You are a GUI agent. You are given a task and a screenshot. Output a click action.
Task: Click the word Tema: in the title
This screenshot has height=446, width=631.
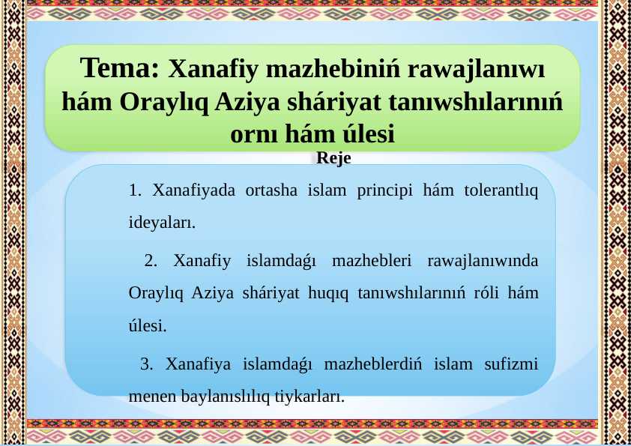(120, 67)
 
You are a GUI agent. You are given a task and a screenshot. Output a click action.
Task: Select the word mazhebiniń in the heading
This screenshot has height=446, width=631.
(333, 68)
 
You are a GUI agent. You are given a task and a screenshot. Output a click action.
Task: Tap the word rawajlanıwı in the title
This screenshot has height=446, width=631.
(476, 69)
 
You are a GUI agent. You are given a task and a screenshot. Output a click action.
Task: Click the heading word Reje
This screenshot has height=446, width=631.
(333, 158)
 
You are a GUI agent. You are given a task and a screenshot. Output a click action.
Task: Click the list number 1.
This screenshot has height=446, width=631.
(135, 190)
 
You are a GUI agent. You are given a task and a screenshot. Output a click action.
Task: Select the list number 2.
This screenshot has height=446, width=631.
(151, 261)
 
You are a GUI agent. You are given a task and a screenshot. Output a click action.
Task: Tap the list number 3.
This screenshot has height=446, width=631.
(146, 364)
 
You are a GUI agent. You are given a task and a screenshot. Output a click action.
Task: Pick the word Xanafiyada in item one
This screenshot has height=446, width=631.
(193, 190)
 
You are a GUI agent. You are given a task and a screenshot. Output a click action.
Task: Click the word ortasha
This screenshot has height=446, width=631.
(271, 190)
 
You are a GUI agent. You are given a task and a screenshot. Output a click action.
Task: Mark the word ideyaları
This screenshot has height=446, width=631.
(162, 222)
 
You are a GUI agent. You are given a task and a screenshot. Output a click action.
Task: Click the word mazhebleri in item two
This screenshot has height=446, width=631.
(372, 261)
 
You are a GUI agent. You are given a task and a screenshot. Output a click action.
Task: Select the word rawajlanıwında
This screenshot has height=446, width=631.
(483, 262)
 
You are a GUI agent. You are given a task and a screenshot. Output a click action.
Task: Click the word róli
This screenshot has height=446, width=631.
(486, 292)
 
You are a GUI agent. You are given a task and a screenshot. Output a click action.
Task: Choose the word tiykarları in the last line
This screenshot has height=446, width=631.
(310, 397)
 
